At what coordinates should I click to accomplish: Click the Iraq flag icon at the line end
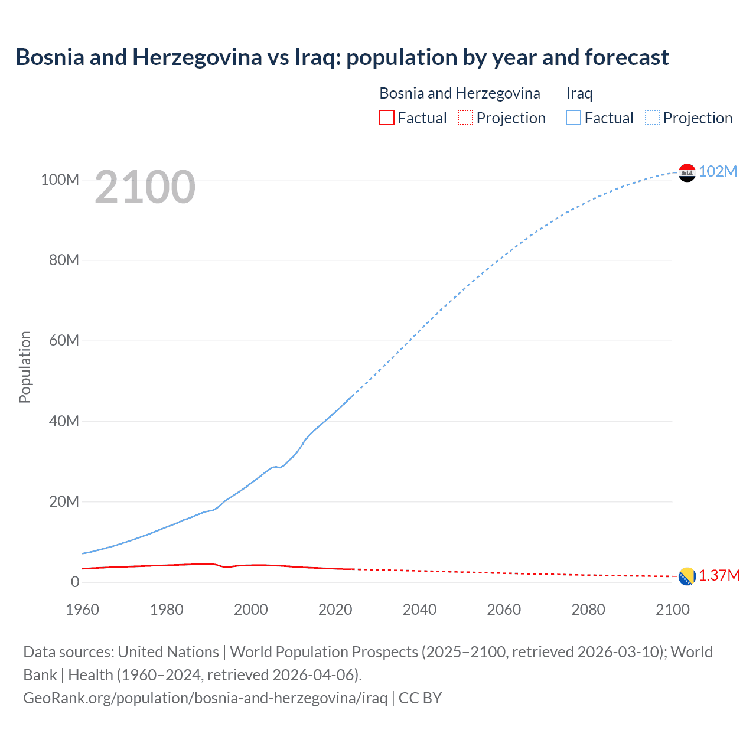coord(687,172)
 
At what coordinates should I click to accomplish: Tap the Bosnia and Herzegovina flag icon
coord(687,576)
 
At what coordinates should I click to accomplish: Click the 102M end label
coord(718,171)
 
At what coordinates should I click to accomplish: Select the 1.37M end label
coord(719,576)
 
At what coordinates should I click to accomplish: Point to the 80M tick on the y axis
coord(64,260)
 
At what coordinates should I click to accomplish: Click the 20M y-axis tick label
coord(64,502)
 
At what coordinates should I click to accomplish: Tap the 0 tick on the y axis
coord(74,582)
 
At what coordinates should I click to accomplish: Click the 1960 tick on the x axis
coord(82,610)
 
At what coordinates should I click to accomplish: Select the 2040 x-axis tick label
coord(419,610)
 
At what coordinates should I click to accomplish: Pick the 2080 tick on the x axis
coord(588,610)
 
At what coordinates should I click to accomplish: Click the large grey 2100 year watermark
coord(145,187)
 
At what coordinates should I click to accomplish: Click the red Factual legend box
coord(386,118)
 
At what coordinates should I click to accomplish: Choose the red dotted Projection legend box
coord(465,118)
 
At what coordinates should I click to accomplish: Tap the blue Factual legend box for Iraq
coord(573,118)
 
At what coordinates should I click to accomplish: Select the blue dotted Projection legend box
coord(653,118)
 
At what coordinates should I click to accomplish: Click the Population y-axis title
coord(25,367)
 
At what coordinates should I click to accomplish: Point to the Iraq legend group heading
coord(579,93)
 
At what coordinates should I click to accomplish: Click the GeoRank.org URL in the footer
coord(205,698)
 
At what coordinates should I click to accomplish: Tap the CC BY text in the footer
coord(420,698)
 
